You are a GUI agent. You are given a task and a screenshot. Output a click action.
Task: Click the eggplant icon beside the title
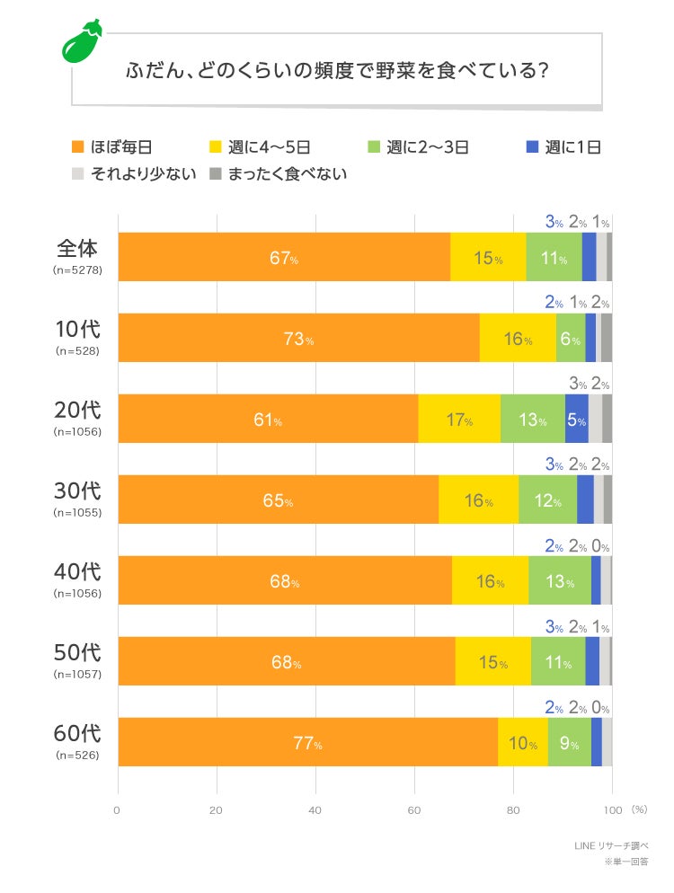tap(82, 41)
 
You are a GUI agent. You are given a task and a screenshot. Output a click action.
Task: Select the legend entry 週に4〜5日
tap(270, 147)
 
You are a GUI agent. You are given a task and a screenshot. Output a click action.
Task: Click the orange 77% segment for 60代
tap(307, 742)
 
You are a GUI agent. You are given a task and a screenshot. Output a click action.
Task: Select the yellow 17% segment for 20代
tap(459, 419)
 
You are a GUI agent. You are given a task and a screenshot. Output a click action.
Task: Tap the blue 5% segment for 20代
tap(576, 419)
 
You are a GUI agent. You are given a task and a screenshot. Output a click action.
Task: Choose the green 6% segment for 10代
tap(571, 338)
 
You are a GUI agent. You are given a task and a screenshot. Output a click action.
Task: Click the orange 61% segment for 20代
tap(268, 419)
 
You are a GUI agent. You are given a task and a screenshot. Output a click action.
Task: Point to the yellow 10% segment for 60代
tap(523, 742)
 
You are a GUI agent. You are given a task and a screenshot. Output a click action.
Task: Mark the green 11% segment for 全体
tap(554, 257)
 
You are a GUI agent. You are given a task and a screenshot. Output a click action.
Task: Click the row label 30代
tap(77, 491)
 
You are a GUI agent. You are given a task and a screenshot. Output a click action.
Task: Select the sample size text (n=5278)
tap(77, 270)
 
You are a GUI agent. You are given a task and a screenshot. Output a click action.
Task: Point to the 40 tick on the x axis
tap(315, 810)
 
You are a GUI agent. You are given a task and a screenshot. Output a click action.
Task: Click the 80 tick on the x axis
tap(513, 810)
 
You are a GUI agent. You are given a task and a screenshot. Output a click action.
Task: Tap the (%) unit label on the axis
tap(638, 809)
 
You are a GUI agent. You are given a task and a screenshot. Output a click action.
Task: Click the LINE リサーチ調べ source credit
tap(611, 846)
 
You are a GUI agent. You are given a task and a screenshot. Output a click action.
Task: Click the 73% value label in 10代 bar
tap(299, 340)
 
